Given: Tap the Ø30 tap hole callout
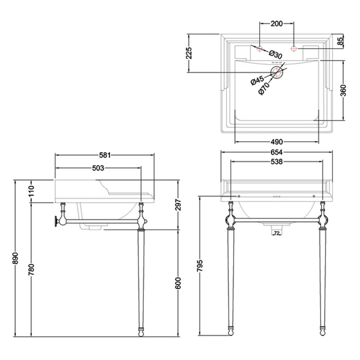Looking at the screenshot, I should [x=276, y=54].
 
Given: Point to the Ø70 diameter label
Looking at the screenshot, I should [x=263, y=89].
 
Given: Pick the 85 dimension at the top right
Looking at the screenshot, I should [x=340, y=41].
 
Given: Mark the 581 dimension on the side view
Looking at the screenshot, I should [x=104, y=155].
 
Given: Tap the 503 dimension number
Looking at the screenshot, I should [x=98, y=168].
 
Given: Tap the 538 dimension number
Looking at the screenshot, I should [x=276, y=162].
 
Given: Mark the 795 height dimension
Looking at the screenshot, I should [x=199, y=266].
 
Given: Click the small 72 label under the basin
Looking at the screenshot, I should [x=277, y=233].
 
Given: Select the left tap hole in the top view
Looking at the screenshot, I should [x=260, y=48].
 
